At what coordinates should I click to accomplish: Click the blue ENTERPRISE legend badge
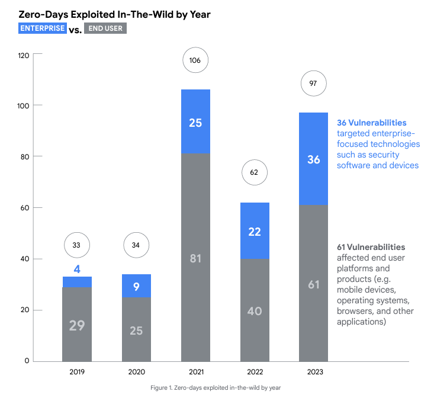point(42,28)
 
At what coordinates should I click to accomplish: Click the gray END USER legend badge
point(105,28)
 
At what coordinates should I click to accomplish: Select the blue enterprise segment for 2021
point(195,121)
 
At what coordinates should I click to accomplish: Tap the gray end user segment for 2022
point(255,310)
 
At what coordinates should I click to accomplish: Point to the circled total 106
point(195,60)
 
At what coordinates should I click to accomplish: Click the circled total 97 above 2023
point(314,84)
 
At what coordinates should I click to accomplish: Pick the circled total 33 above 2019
point(77,244)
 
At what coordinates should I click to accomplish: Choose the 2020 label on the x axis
point(136,372)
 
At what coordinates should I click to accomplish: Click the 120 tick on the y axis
point(24,54)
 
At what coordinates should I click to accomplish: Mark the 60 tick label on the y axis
point(26,208)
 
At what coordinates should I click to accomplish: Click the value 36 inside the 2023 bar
point(314,160)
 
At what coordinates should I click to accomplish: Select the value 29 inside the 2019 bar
point(77,325)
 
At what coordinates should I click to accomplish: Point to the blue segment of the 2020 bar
point(136,285)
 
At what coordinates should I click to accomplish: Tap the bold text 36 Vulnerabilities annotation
point(371,123)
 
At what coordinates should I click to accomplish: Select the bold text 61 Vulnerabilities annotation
point(371,247)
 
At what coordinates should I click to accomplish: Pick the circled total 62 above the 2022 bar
point(255,173)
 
